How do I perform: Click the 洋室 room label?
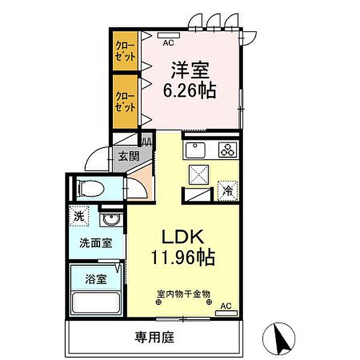click(x=190, y=70)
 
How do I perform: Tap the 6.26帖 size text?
click(x=190, y=91)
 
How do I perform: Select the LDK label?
click(x=183, y=237)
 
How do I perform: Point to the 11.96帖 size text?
click(x=183, y=257)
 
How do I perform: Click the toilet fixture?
click(x=90, y=189)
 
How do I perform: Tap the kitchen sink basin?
click(x=196, y=150)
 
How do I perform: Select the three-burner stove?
click(x=227, y=149)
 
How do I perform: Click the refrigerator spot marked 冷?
click(x=227, y=191)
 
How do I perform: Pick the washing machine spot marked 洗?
click(x=79, y=216)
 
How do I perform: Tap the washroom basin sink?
click(x=111, y=220)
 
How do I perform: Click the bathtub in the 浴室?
click(x=95, y=302)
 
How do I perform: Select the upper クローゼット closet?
click(x=125, y=51)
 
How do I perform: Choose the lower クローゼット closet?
click(x=125, y=102)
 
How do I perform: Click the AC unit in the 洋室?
click(x=169, y=35)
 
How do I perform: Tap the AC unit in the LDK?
click(x=226, y=313)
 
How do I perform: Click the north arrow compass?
click(x=279, y=339)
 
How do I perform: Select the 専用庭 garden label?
click(x=154, y=337)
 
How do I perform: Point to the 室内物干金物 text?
click(x=184, y=293)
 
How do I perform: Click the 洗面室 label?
click(x=96, y=243)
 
